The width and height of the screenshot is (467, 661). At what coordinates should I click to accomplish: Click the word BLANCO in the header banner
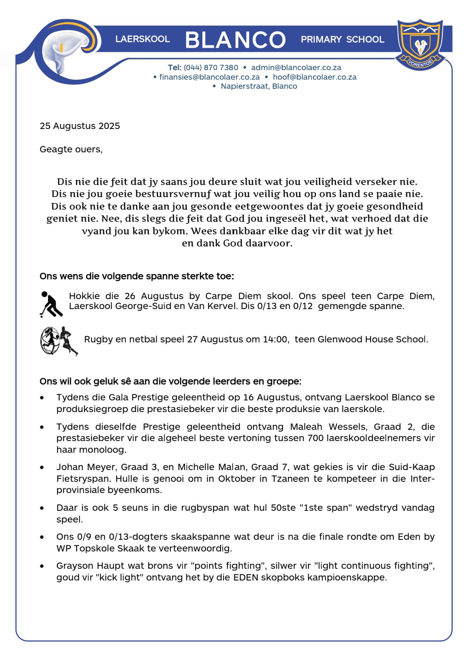[235, 40]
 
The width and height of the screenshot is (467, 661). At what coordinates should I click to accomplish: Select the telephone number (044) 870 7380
[211, 68]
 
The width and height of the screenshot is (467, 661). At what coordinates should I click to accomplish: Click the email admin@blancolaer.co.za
[296, 68]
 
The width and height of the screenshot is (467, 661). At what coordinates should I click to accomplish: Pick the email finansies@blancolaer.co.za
[209, 77]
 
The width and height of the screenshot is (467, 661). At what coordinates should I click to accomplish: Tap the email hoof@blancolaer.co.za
[314, 77]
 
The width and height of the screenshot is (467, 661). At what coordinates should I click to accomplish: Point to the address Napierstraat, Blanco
[259, 86]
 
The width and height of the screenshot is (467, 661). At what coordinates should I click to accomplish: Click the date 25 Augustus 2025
[80, 126]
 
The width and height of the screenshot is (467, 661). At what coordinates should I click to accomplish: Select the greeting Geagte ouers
[71, 149]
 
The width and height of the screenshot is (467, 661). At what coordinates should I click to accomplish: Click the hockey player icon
[51, 304]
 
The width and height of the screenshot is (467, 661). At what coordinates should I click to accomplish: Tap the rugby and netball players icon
[59, 341]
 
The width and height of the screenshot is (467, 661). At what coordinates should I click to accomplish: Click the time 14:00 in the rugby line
[275, 339]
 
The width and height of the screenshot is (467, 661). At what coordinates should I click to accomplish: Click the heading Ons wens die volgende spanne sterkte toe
[137, 276]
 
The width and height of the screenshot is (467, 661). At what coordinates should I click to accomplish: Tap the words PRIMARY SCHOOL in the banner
[342, 39]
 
